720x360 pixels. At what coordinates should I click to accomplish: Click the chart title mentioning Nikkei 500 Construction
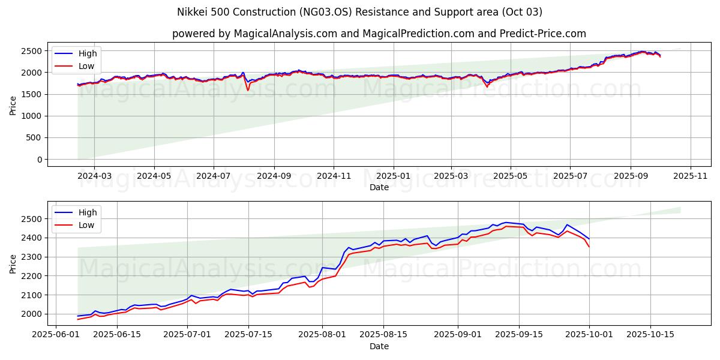tap(359, 12)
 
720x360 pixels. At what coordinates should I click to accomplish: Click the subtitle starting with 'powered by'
tap(379, 34)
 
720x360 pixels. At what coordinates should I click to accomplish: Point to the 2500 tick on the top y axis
tap(32, 51)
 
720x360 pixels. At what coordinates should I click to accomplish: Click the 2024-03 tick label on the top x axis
tap(95, 176)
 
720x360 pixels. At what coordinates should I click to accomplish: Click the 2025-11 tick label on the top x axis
tap(691, 176)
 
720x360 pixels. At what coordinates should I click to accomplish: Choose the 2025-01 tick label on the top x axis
tap(394, 176)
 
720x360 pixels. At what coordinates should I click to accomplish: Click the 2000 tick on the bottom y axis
tap(32, 314)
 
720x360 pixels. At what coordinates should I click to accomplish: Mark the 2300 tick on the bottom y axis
tap(32, 257)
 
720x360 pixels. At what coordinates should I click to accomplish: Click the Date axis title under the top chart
tap(379, 187)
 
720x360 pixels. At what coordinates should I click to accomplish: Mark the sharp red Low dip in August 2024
tap(248, 90)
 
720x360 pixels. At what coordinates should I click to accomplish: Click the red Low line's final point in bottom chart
tap(589, 247)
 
